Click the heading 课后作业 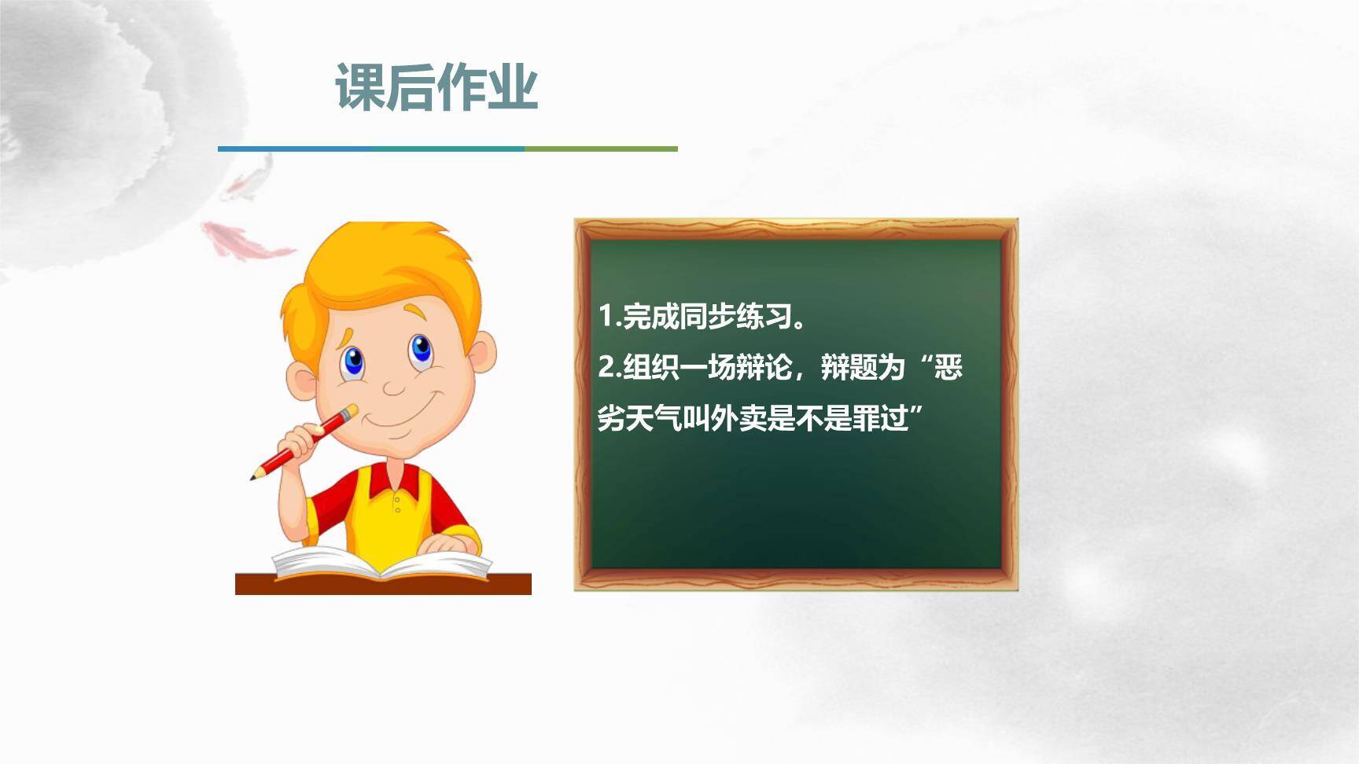point(436,86)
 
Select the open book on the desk point(381,563)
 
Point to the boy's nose point(392,386)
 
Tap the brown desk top point(383,585)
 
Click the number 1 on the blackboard point(605,316)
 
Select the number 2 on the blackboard point(606,367)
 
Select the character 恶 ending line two point(948,367)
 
